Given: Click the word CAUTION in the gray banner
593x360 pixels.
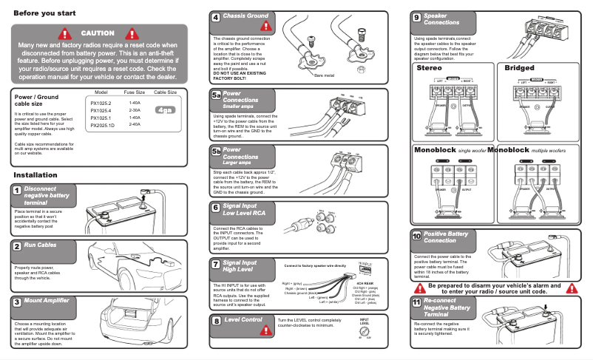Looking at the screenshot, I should pyautogui.click(x=98, y=33).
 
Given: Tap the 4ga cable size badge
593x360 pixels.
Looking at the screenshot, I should pyautogui.click(x=165, y=110).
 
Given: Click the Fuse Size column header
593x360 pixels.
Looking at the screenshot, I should pyautogui.click(x=134, y=92).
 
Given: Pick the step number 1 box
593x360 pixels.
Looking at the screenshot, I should pyautogui.click(x=16, y=191).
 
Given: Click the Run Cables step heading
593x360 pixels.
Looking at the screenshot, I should pyautogui.click(x=40, y=245).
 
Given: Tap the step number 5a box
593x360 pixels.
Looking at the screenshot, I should pyautogui.click(x=216, y=95).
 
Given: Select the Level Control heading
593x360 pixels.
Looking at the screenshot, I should pyautogui.click(x=243, y=320).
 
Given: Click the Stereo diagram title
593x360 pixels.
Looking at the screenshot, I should pyautogui.click(x=430, y=67).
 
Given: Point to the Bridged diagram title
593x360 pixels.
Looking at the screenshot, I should pyautogui.click(x=519, y=67).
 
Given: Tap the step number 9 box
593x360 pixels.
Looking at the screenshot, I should pyautogui.click(x=417, y=17).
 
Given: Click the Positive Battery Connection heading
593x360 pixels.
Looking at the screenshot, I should pyautogui.click(x=445, y=237).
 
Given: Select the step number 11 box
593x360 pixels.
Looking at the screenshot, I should pyautogui.click(x=417, y=303).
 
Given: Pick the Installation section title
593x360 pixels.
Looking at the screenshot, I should pyautogui.click(x=35, y=174).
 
